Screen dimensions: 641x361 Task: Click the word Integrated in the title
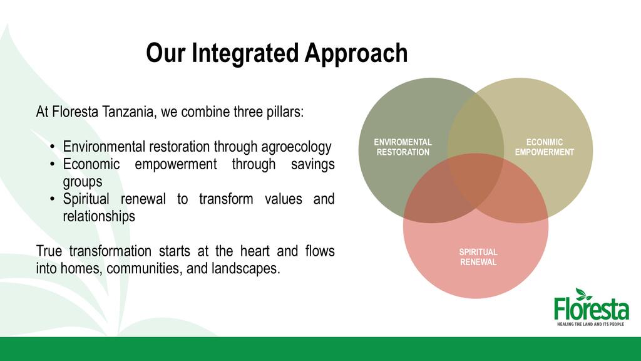[x=245, y=53]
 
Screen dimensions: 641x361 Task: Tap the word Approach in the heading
[x=356, y=53]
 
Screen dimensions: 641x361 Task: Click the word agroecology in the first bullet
[x=296, y=147]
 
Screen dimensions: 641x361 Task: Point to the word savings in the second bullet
[x=313, y=164]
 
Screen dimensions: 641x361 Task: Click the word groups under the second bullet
[x=83, y=182]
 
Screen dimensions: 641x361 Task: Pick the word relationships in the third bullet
[x=99, y=216]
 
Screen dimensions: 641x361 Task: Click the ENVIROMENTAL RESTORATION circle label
[x=403, y=147]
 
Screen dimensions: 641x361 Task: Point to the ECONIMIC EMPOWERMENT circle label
[x=545, y=147]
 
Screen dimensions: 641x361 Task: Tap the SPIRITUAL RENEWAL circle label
[x=478, y=257]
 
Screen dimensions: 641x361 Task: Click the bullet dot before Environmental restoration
[x=52, y=147]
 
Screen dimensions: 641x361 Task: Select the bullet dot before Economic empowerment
[x=52, y=165]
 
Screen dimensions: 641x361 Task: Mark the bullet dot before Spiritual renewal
[x=52, y=199]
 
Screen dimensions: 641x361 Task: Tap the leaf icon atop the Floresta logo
[x=583, y=294]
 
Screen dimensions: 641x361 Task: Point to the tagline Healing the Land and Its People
[x=591, y=324]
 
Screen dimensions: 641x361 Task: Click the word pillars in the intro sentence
[x=285, y=112]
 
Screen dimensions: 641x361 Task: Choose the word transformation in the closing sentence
[x=110, y=251]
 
